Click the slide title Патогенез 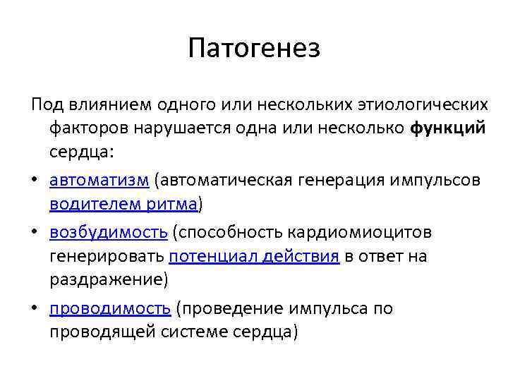(x=254, y=49)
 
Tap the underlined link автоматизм (x=99, y=180)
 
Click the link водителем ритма (x=125, y=205)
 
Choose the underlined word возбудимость (x=108, y=231)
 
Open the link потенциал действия (x=255, y=257)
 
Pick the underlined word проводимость (x=110, y=308)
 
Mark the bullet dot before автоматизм (x=35, y=181)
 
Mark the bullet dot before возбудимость (x=35, y=232)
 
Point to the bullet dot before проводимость (x=35, y=309)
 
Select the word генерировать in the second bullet (x=107, y=257)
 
